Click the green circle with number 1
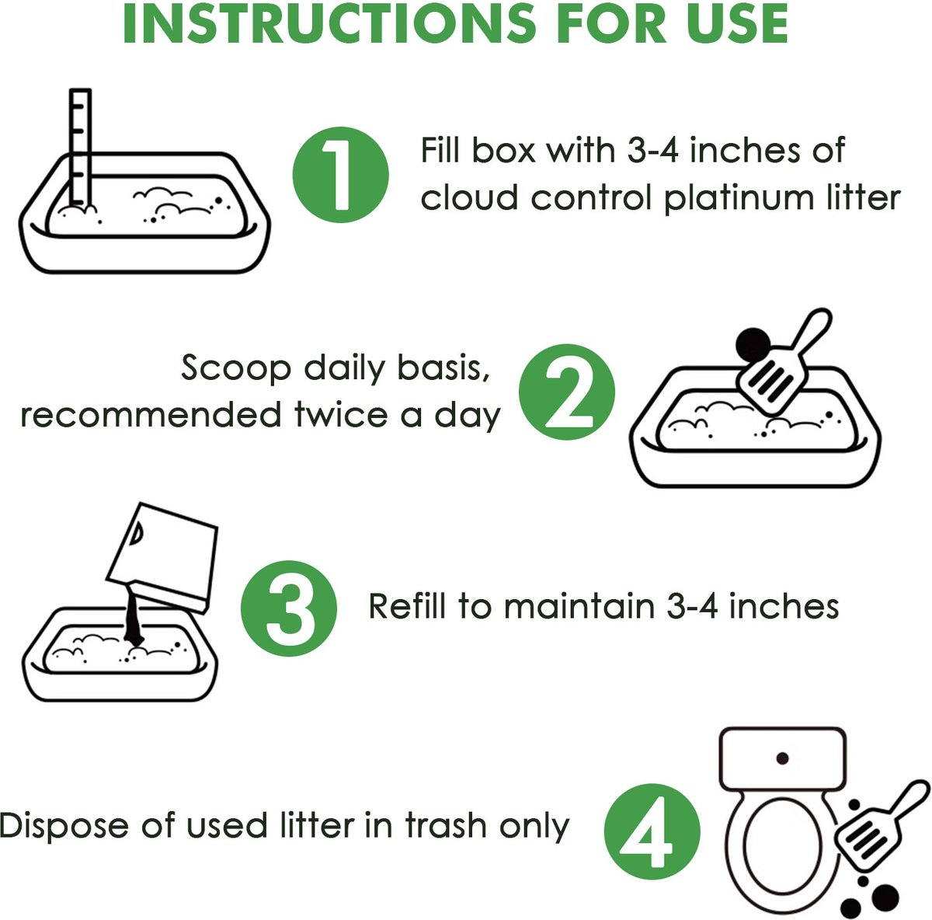340,175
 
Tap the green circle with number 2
567,392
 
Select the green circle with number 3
289,608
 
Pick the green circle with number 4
652,832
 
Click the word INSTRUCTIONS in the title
329,24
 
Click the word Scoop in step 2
236,368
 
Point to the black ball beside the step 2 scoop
753,344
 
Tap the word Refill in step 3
407,606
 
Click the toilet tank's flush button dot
782,758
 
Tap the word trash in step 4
446,826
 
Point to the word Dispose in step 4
64,827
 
